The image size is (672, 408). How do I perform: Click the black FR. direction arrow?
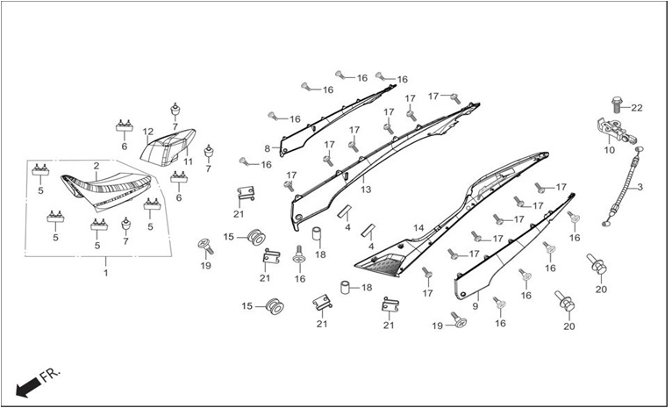coord(28,387)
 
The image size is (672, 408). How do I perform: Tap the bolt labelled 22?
coord(617,104)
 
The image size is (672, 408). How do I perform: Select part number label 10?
coord(609,150)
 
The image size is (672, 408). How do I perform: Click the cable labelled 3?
coord(622,185)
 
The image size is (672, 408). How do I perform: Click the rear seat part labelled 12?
coord(168,147)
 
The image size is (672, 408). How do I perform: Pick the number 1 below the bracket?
coord(106,273)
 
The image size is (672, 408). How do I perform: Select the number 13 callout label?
coord(366,190)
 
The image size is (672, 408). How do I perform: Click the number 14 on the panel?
coord(418,228)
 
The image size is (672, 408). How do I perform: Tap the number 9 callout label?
coord(475,306)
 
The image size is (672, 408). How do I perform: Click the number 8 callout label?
coord(267,148)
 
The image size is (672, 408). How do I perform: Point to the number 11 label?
coord(188,161)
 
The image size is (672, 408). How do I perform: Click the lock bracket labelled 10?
coord(616,130)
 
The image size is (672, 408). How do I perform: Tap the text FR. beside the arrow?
coord(51,375)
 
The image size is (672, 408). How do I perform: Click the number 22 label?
coord(637,108)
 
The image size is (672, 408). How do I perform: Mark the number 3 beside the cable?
coord(640,187)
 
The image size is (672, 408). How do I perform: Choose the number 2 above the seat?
coord(97,166)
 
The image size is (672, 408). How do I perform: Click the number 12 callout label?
coord(148,131)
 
